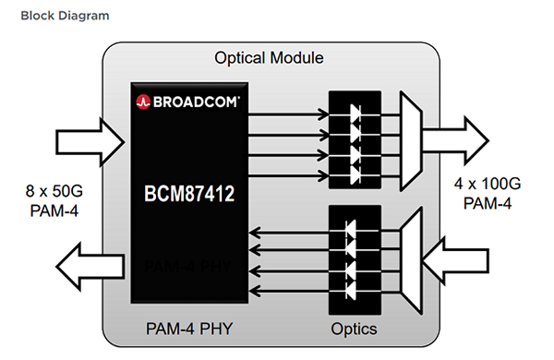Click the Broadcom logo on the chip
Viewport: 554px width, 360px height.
pos(188,99)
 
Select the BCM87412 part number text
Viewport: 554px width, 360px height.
pos(188,196)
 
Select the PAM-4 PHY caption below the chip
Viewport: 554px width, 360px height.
pos(188,328)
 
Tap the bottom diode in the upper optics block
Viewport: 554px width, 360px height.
pos(353,173)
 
